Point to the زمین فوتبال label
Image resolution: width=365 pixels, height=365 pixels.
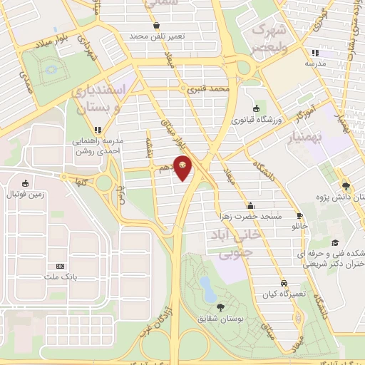pos(26,195)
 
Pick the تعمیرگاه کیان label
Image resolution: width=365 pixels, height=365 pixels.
pos(284,294)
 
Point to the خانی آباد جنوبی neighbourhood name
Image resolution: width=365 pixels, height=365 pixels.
pos(228,243)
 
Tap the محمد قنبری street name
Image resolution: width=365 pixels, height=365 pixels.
pos(208,91)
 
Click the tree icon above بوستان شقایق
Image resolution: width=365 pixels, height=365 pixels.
pos(219,307)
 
